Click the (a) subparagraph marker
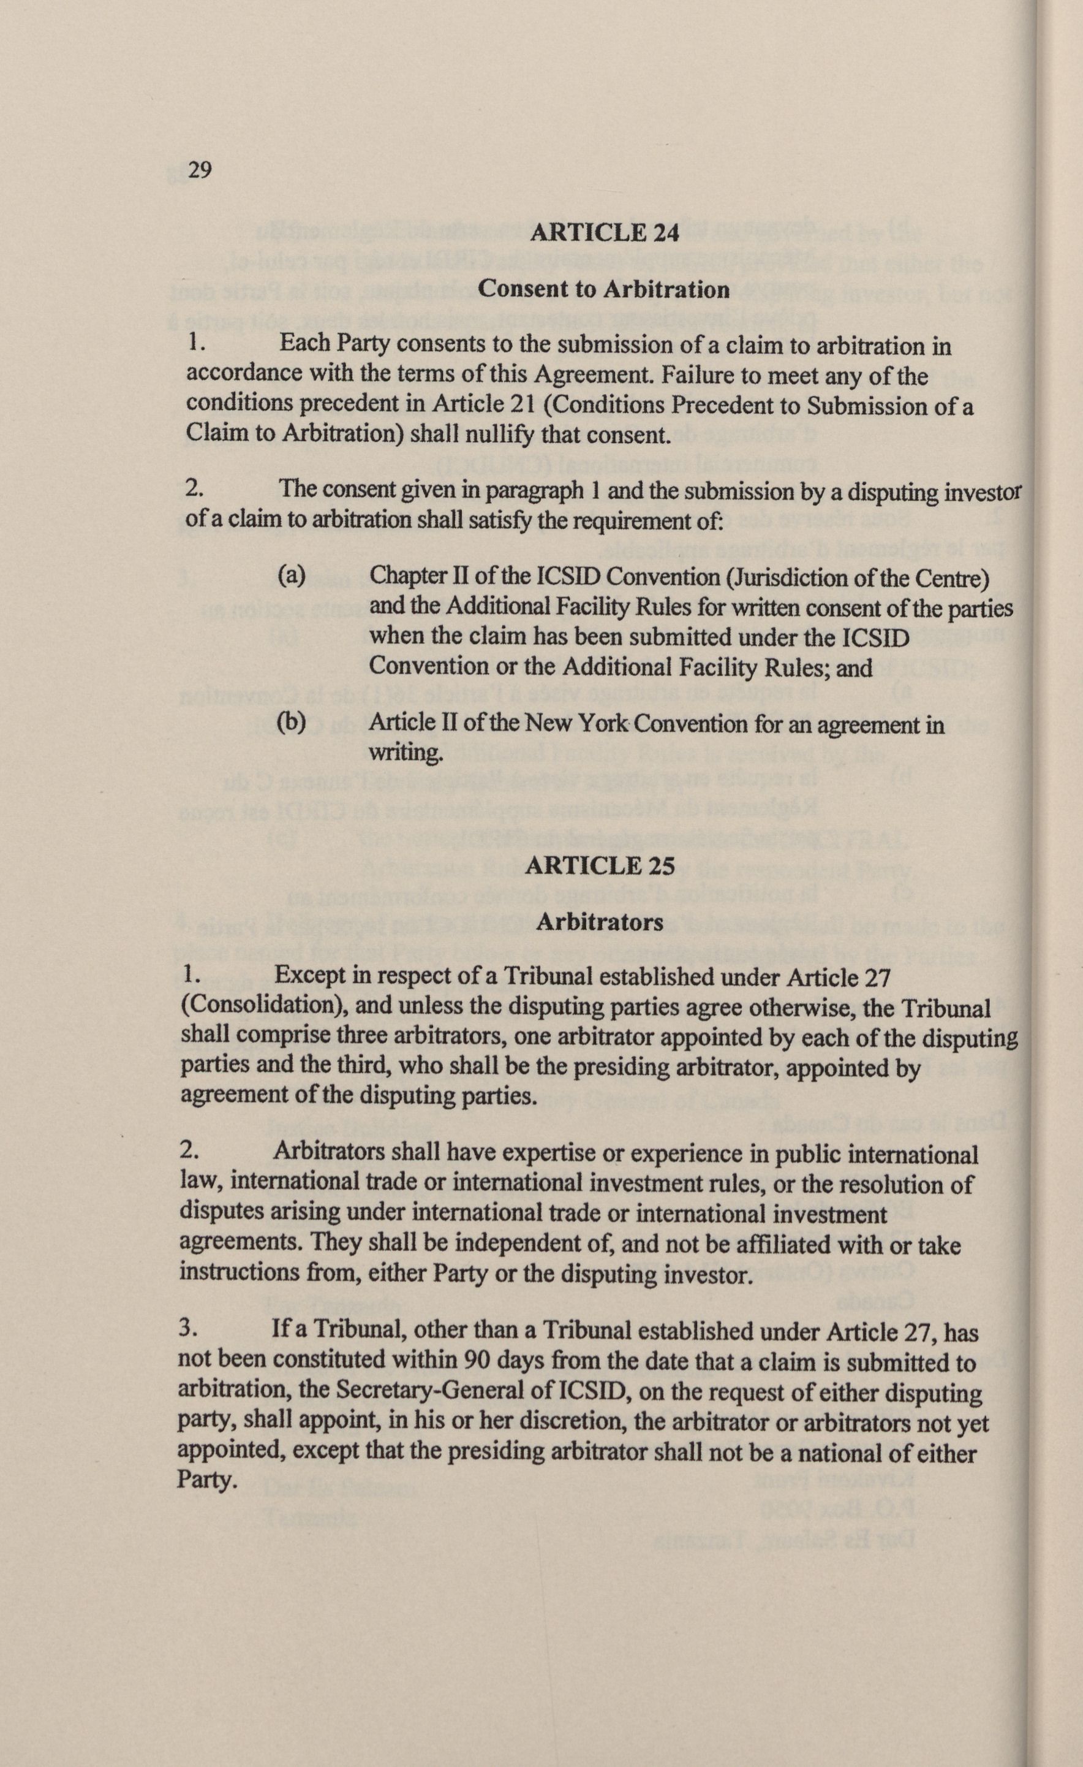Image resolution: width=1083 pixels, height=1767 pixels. pyautogui.click(x=292, y=576)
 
